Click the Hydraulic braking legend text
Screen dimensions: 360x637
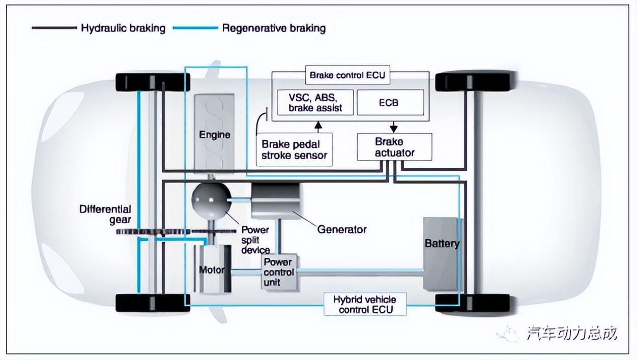pos(123,28)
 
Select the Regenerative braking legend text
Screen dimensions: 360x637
pos(274,28)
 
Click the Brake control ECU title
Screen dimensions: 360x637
pos(348,76)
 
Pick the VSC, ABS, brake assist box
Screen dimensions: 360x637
pos(315,102)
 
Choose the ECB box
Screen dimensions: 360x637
pos(390,102)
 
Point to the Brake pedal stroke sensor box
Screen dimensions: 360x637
pos(294,149)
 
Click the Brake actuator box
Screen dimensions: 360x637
pos(395,146)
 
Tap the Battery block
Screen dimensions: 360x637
pos(442,254)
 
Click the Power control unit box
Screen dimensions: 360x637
pos(278,272)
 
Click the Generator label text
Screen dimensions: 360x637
pos(342,229)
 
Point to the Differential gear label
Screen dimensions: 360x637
pos(105,214)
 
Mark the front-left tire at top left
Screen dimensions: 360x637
pos(153,82)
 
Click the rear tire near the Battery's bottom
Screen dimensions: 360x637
pos(476,303)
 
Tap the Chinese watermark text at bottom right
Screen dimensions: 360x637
pos(572,334)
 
